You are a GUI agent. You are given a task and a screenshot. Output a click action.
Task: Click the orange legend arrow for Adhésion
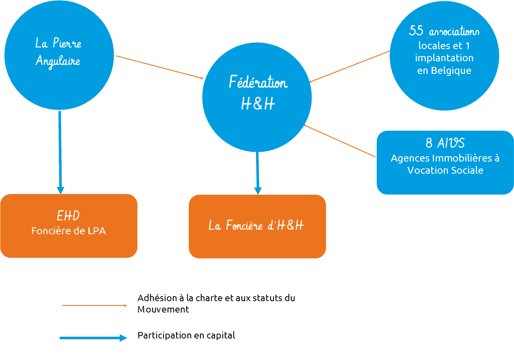pyautogui.click(x=95, y=305)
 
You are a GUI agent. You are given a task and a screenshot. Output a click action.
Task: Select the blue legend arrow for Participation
pyautogui.click(x=93, y=338)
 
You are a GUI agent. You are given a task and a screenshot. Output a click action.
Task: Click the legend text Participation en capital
pyautogui.click(x=186, y=336)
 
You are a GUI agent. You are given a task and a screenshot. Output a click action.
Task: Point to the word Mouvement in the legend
pyautogui.click(x=163, y=309)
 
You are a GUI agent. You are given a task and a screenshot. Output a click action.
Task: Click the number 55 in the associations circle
pyautogui.click(x=417, y=31)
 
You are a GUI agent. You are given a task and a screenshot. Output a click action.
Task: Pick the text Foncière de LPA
pyautogui.click(x=69, y=231)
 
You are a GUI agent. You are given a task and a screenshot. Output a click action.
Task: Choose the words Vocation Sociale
pyautogui.click(x=445, y=170)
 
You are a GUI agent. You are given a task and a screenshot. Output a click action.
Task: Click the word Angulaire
pyautogui.click(x=58, y=61)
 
